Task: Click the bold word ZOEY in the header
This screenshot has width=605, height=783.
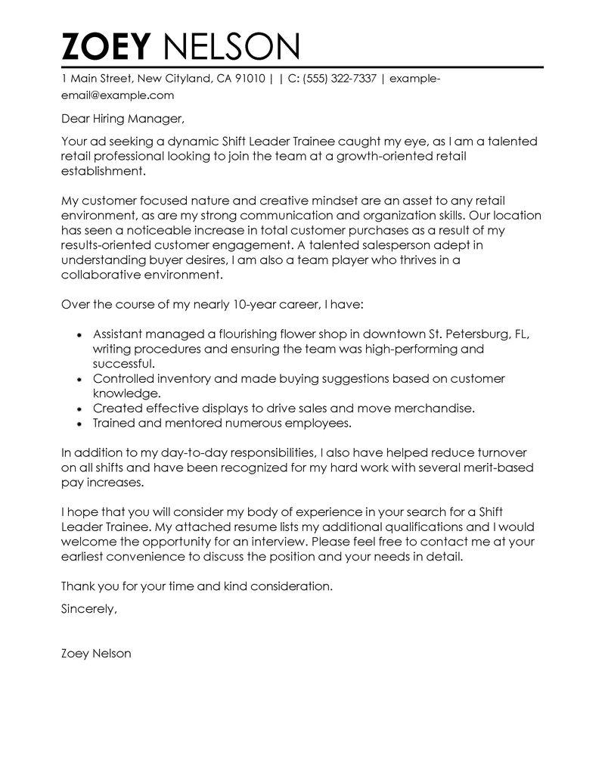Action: click(x=107, y=47)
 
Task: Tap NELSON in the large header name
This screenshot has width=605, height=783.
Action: click(x=231, y=47)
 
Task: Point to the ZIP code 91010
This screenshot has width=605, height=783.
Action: click(x=248, y=78)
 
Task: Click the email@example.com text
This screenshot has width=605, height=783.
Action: click(x=117, y=95)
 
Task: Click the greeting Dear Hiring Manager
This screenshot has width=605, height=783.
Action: click(x=122, y=119)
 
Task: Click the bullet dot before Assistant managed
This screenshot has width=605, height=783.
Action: click(x=79, y=335)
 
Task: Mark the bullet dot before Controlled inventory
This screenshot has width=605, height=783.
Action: click(x=79, y=379)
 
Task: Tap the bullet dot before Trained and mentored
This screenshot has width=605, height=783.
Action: click(x=79, y=423)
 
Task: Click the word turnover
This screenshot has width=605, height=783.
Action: click(x=510, y=452)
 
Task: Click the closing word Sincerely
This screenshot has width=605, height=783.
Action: click(x=88, y=608)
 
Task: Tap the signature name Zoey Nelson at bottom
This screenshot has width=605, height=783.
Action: click(x=95, y=653)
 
